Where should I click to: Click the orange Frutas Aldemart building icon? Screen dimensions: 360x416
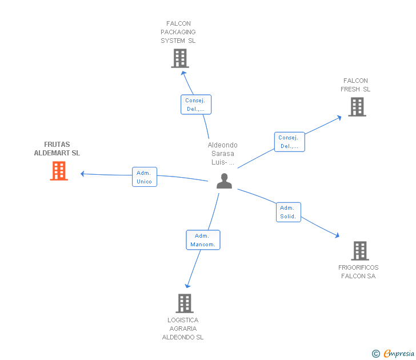(59, 171)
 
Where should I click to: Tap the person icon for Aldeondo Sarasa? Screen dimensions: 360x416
(224, 181)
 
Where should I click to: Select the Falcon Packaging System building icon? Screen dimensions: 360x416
(179, 58)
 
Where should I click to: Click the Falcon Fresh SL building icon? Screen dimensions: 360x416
(357, 107)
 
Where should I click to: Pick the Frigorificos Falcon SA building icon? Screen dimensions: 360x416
(359, 250)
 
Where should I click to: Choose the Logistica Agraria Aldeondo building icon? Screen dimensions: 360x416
(184, 303)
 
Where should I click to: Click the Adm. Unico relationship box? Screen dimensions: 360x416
(145, 177)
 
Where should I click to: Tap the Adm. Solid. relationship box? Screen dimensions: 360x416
(288, 212)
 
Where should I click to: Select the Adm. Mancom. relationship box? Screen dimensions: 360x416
(203, 240)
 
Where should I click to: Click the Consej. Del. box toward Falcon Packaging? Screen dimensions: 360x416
(196, 105)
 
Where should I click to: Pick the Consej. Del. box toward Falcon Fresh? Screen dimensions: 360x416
(289, 142)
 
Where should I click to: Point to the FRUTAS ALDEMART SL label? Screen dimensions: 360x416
(57, 149)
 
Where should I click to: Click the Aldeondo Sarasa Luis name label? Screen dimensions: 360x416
(223, 154)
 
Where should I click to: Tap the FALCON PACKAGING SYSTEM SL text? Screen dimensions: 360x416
(178, 33)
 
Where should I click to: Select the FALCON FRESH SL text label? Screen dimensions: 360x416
(355, 85)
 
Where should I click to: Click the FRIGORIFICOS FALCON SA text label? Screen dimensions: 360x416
(358, 272)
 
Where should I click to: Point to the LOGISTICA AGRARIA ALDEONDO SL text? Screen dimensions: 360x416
(183, 329)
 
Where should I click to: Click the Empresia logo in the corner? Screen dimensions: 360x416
(398, 354)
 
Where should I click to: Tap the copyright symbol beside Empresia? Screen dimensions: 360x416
(376, 354)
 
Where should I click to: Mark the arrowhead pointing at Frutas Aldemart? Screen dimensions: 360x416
(83, 174)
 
